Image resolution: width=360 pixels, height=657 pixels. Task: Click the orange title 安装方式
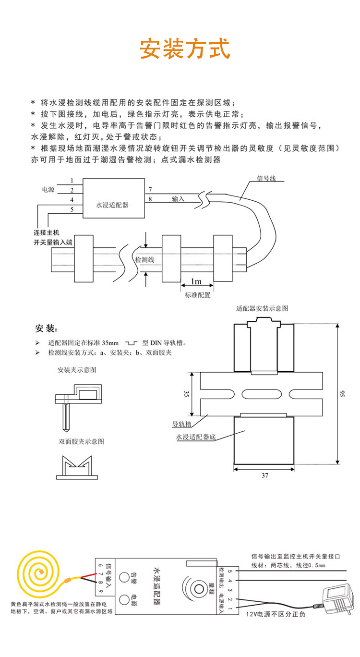185,49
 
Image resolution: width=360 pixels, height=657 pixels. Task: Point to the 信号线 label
267,178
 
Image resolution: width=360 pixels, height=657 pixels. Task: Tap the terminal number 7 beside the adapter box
150,189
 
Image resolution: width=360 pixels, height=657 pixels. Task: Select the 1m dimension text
196,281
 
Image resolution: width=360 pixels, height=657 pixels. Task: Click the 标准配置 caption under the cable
198,295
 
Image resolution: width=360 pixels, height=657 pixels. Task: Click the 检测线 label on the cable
144,259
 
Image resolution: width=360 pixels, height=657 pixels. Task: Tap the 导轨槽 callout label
182,425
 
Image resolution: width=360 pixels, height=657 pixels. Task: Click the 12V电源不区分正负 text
276,615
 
